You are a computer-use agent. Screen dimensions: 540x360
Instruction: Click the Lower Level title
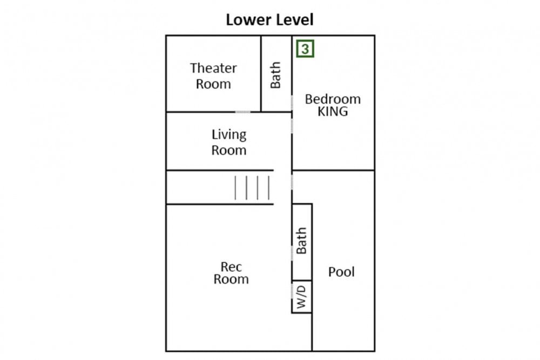pyautogui.click(x=269, y=19)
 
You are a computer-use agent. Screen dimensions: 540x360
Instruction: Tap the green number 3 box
pyautogui.click(x=305, y=49)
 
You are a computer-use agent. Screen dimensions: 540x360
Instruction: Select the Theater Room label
pyautogui.click(x=213, y=76)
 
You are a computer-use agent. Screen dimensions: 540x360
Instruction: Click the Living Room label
pyautogui.click(x=229, y=142)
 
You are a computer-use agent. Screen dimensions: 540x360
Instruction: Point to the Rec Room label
pyautogui.click(x=231, y=273)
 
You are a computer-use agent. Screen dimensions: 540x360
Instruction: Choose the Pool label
pyautogui.click(x=341, y=272)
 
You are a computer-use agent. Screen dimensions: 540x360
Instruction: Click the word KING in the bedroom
pyautogui.click(x=333, y=112)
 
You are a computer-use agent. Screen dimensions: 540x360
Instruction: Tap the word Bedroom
pyautogui.click(x=333, y=99)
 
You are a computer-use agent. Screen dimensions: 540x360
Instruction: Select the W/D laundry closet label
pyautogui.click(x=301, y=297)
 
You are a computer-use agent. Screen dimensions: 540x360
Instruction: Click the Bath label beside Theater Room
pyautogui.click(x=275, y=75)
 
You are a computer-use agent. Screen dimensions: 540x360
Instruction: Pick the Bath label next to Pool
pyautogui.click(x=301, y=241)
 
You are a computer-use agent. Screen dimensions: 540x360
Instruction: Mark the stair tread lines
pyautogui.click(x=252, y=188)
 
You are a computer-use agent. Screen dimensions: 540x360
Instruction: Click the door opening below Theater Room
pyautogui.click(x=243, y=112)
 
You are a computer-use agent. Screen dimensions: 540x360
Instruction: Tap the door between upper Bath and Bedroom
pyautogui.click(x=292, y=103)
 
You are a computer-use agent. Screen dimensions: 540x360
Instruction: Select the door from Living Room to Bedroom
pyautogui.click(x=292, y=126)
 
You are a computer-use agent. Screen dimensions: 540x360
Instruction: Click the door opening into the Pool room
pyautogui.click(x=292, y=182)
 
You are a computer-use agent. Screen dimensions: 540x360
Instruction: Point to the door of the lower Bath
pyautogui.click(x=292, y=253)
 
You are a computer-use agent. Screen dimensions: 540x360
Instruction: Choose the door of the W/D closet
pyautogui.click(x=292, y=292)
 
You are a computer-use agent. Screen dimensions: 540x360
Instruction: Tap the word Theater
pyautogui.click(x=213, y=68)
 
